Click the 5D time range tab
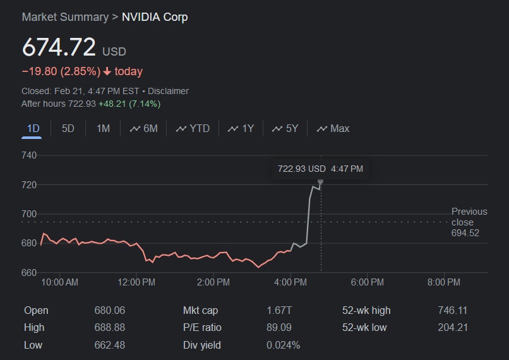68,129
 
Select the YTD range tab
193,129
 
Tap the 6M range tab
144,129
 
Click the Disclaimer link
168,91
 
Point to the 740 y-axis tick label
29,155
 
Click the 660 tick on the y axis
29,273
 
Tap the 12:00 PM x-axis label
136,282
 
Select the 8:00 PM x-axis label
444,282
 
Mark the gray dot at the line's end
321,182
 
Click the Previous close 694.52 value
465,233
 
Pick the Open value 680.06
110,311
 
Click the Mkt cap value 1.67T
279,311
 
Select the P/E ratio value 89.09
279,328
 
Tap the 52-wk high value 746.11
452,311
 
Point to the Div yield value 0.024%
283,345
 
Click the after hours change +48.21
112,104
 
